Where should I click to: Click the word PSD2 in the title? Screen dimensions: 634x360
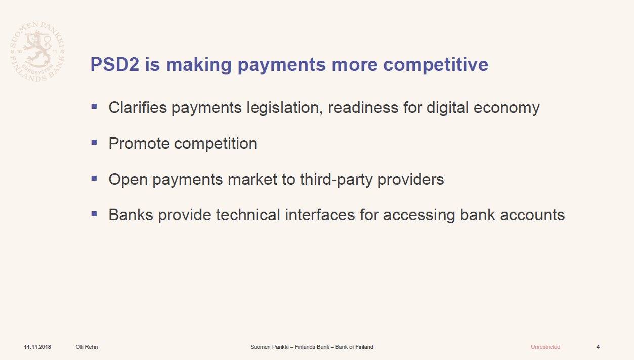[115, 64]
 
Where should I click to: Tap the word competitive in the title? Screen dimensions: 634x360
[436, 65]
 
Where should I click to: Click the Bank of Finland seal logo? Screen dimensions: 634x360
[37, 52]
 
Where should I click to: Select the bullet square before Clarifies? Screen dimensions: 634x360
[94, 106]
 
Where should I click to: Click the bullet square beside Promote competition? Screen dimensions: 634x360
[94, 142]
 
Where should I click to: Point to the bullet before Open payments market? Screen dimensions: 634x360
[94, 178]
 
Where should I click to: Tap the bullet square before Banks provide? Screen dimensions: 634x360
[94, 214]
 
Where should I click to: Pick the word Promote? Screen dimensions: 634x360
[139, 143]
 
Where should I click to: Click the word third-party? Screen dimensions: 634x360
[336, 180]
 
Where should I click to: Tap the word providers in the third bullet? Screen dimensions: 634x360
[411, 180]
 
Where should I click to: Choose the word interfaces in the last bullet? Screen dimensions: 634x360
[320, 215]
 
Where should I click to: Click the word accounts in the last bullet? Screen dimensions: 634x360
[532, 215]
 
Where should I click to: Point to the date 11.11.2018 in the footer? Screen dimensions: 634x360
[37, 347]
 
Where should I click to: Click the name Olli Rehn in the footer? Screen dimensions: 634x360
[87, 347]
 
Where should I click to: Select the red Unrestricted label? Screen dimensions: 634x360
[545, 347]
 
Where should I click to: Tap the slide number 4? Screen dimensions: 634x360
[598, 347]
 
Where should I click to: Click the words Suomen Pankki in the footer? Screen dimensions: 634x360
[269, 347]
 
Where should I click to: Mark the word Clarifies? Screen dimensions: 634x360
[138, 108]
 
